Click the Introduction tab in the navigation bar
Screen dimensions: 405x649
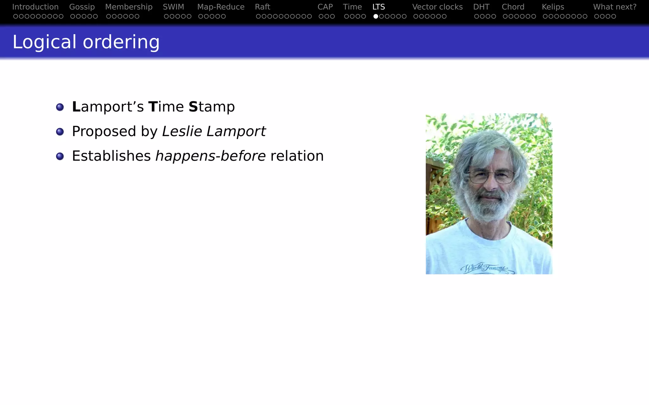pos(35,7)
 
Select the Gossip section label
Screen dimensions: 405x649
pos(82,7)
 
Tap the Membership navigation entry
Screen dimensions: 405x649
pos(129,7)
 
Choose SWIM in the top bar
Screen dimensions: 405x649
pos(173,7)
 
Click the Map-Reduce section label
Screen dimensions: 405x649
pos(221,7)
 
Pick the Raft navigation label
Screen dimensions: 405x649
pos(262,7)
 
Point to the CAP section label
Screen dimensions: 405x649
pos(325,7)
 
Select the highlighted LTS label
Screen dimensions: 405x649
pos(379,7)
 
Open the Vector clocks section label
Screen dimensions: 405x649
pos(437,7)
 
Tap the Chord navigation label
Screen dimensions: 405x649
pos(513,7)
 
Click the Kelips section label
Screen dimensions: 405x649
pos(553,7)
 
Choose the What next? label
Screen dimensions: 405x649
pos(615,7)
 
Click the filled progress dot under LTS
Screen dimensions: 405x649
pos(376,16)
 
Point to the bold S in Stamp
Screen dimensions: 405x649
pos(193,107)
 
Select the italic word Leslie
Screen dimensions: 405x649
pos(182,131)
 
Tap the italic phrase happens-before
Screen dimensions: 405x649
pos(210,156)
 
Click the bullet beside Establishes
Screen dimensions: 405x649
pos(60,156)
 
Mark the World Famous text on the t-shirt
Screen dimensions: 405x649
pos(484,268)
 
